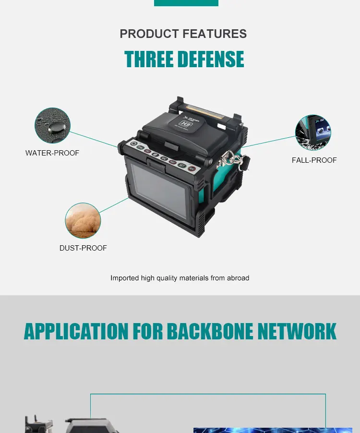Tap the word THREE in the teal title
coord(148,60)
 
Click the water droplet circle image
coord(52,125)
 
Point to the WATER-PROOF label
coord(52,153)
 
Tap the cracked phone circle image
coord(313,132)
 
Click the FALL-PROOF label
coord(314,160)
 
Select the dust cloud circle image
coord(83,220)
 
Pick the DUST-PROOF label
coord(83,248)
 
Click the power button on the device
coord(134,144)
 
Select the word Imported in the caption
coord(125,278)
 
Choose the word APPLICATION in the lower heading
coord(76,332)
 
